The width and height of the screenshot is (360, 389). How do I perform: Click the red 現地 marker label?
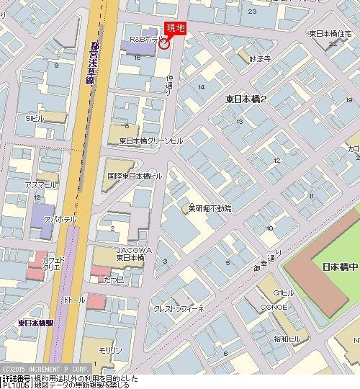tap(176, 28)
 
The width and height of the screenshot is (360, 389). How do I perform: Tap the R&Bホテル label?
tap(143, 39)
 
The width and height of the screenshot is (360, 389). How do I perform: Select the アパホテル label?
tap(59, 219)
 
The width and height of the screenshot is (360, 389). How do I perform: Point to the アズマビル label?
tap(40, 185)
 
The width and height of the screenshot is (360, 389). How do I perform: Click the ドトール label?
tap(74, 298)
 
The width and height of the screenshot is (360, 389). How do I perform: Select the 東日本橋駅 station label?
tap(35, 322)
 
